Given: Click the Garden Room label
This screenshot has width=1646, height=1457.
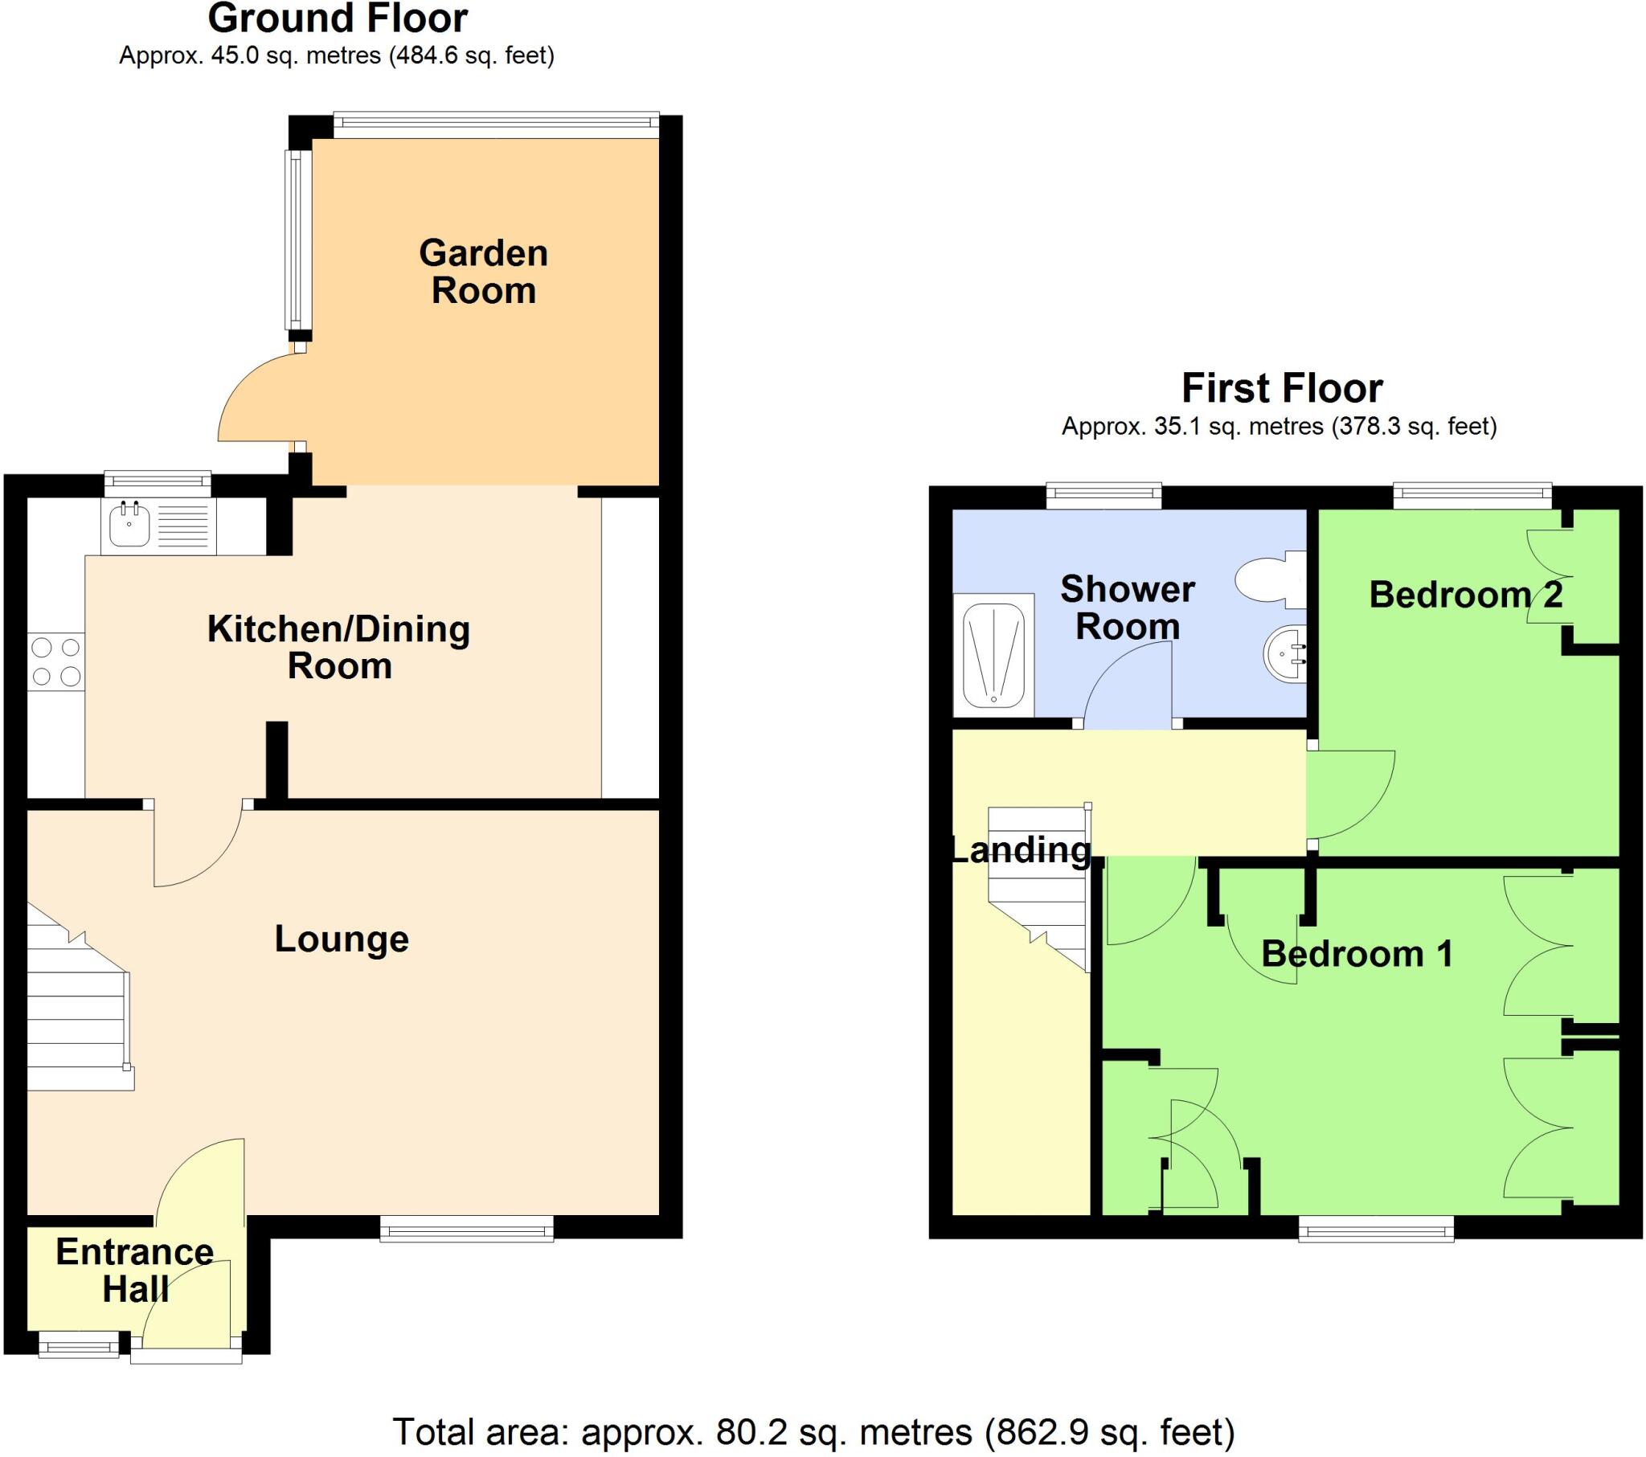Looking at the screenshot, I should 483,272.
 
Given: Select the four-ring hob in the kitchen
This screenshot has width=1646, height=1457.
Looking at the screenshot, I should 55,661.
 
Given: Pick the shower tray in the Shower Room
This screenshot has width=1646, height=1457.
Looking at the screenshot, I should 993,655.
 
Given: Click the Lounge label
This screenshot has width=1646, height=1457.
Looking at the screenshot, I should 342,939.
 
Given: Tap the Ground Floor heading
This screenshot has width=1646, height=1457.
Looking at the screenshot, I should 338,18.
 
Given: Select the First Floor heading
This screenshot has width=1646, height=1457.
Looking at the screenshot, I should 1281,388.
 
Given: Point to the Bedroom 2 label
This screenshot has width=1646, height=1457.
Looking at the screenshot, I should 1466,595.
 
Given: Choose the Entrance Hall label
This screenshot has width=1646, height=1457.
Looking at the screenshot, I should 134,1270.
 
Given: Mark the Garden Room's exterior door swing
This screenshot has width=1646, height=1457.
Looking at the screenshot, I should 262,399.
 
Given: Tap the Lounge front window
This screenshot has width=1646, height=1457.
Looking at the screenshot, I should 466,1230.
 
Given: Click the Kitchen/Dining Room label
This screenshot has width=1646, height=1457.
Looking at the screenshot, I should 339,648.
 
